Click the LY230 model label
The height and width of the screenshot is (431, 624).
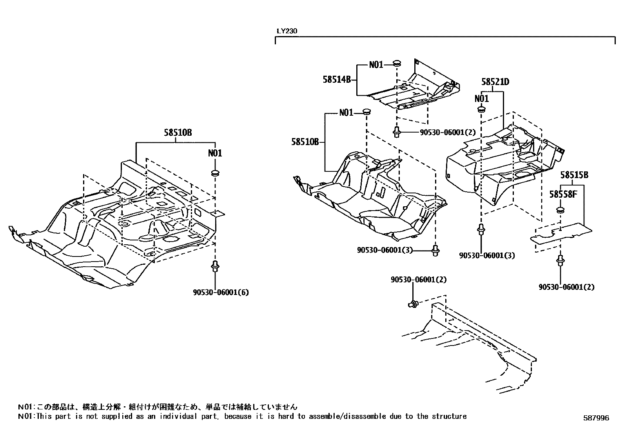tap(287, 31)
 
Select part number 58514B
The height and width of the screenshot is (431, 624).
tap(336, 79)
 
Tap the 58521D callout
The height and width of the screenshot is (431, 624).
tap(495, 82)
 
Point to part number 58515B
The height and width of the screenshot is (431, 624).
tap(574, 175)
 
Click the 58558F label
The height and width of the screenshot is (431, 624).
tap(563, 194)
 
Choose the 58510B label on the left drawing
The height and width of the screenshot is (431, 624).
tap(178, 133)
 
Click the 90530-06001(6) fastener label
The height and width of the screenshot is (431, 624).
tap(221, 292)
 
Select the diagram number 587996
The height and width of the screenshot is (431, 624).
tap(595, 418)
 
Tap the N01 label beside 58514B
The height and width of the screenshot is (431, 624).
tap(376, 65)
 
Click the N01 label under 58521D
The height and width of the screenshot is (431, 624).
tap(481, 98)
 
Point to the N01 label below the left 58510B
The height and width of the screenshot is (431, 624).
tap(215, 153)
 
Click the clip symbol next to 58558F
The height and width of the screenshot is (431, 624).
tap(561, 210)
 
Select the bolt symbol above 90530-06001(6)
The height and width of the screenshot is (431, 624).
tap(215, 266)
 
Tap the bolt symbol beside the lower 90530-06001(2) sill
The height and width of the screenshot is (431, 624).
tap(413, 303)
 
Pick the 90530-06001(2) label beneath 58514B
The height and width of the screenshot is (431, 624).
tap(447, 133)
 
